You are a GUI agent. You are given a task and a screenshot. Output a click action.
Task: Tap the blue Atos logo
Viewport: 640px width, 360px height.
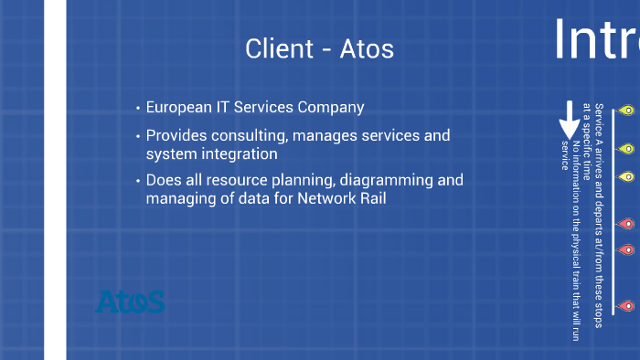click(130, 302)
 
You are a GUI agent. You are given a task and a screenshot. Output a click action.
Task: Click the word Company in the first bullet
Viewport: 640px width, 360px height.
click(332, 108)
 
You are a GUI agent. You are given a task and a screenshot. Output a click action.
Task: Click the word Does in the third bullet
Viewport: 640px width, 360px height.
click(164, 181)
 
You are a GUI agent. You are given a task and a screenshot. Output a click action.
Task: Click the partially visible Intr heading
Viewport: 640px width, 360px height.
click(596, 38)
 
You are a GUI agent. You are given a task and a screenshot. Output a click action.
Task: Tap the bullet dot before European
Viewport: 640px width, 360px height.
click(137, 109)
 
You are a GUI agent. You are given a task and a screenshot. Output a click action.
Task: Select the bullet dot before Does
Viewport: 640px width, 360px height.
click(137, 182)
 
